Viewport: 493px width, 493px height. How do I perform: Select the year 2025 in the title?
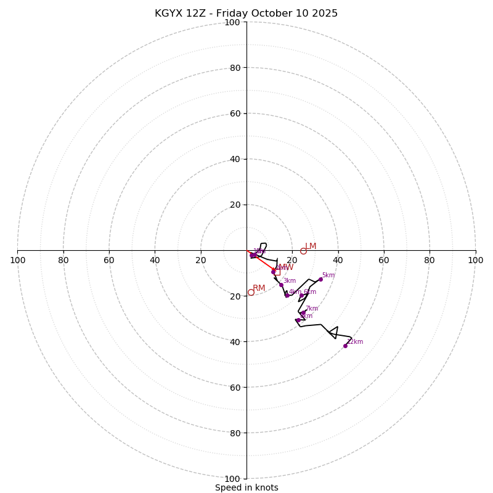[x=325, y=14]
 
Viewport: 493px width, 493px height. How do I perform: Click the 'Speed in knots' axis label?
[x=246, y=487]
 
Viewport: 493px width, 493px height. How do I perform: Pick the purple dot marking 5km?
[x=320, y=279]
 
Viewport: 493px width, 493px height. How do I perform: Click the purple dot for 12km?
[x=345, y=346]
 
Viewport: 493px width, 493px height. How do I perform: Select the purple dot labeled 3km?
[x=281, y=285]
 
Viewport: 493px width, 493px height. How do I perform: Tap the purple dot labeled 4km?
[x=287, y=295]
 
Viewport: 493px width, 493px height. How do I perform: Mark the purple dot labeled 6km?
[x=302, y=295]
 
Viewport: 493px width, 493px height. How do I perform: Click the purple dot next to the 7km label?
[x=303, y=312]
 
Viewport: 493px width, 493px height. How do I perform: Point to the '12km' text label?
[x=355, y=341]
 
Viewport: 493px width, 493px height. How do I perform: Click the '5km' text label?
[x=328, y=275]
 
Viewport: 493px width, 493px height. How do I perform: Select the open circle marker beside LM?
[x=303, y=251]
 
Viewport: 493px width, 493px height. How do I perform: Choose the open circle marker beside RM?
[x=251, y=292]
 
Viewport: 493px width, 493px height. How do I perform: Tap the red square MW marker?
[x=277, y=272]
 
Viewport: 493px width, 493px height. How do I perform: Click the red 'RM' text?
[x=259, y=288]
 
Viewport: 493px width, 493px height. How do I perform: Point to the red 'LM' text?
[x=311, y=246]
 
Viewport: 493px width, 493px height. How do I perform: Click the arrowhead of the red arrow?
[x=275, y=270]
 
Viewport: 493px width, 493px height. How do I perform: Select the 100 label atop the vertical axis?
[x=232, y=22]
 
